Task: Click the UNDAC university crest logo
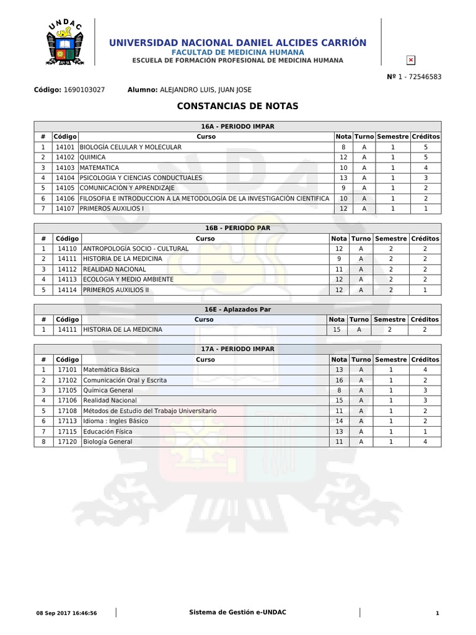point(64,42)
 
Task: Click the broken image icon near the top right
point(410,60)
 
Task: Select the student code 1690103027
point(84,89)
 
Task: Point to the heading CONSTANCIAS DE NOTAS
point(237,106)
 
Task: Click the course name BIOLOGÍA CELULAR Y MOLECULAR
point(131,147)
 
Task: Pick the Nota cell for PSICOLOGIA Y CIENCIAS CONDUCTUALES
point(343,177)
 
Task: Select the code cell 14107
point(64,208)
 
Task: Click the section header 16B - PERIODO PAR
point(237,228)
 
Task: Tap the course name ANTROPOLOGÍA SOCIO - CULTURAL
point(135,249)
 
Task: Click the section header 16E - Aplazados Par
point(237,309)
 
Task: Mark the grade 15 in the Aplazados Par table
point(337,330)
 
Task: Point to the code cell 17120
point(67,441)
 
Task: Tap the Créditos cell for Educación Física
point(425,431)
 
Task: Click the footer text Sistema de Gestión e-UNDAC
point(237,613)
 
